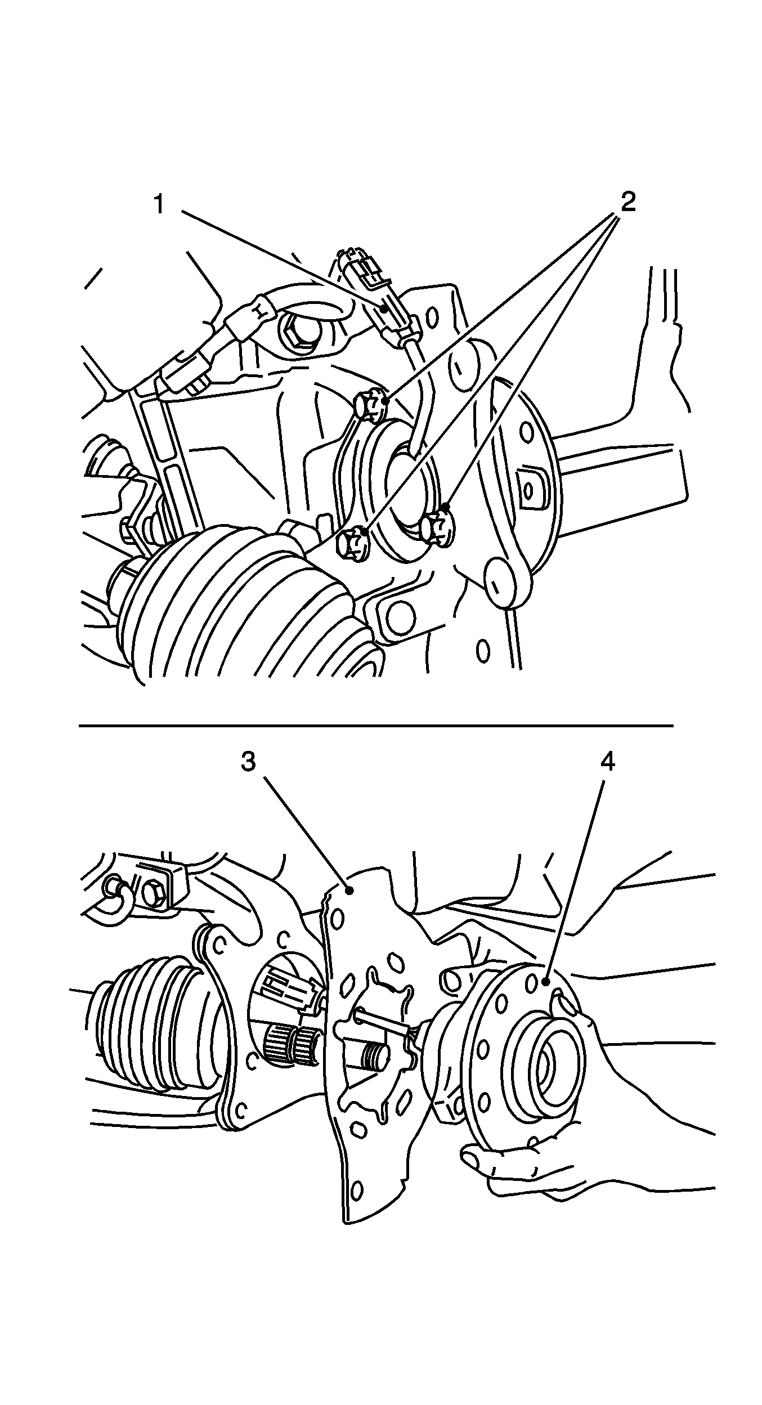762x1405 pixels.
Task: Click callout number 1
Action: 160,204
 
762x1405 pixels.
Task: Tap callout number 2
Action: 628,202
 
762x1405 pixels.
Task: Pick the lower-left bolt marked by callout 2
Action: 353,543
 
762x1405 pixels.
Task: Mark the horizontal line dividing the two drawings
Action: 376,726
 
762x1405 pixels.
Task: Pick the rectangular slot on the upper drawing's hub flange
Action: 528,485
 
